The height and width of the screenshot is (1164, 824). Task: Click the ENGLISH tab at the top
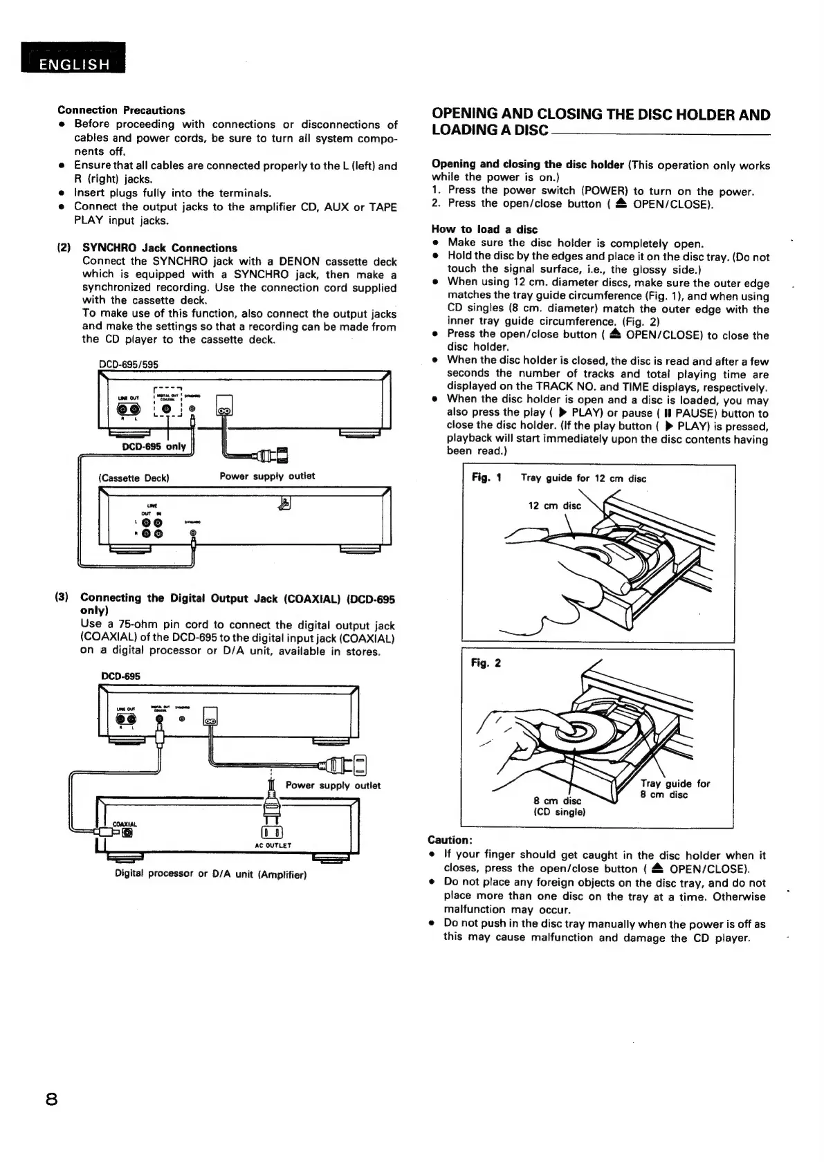pos(73,64)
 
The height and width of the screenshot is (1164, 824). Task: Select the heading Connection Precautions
pos(121,110)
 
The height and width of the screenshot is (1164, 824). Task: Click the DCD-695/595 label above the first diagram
pos(129,364)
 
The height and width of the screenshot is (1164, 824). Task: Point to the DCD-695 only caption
pos(154,446)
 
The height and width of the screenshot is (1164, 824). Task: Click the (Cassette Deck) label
pos(134,477)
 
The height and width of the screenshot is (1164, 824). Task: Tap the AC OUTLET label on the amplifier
pos(273,845)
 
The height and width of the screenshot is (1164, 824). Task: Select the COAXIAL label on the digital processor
pos(125,824)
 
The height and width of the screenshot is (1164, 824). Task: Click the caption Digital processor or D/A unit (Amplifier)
pos(210,874)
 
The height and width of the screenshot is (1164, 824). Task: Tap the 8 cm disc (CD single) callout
pos(559,806)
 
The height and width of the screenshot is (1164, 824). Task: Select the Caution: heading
pos(450,840)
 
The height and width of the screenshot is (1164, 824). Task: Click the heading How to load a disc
pos(484,229)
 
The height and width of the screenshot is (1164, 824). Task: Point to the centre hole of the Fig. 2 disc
pos(574,728)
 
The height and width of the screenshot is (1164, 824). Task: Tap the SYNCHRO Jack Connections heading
pos(159,248)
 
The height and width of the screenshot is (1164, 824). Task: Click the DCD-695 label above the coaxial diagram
pos(120,676)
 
